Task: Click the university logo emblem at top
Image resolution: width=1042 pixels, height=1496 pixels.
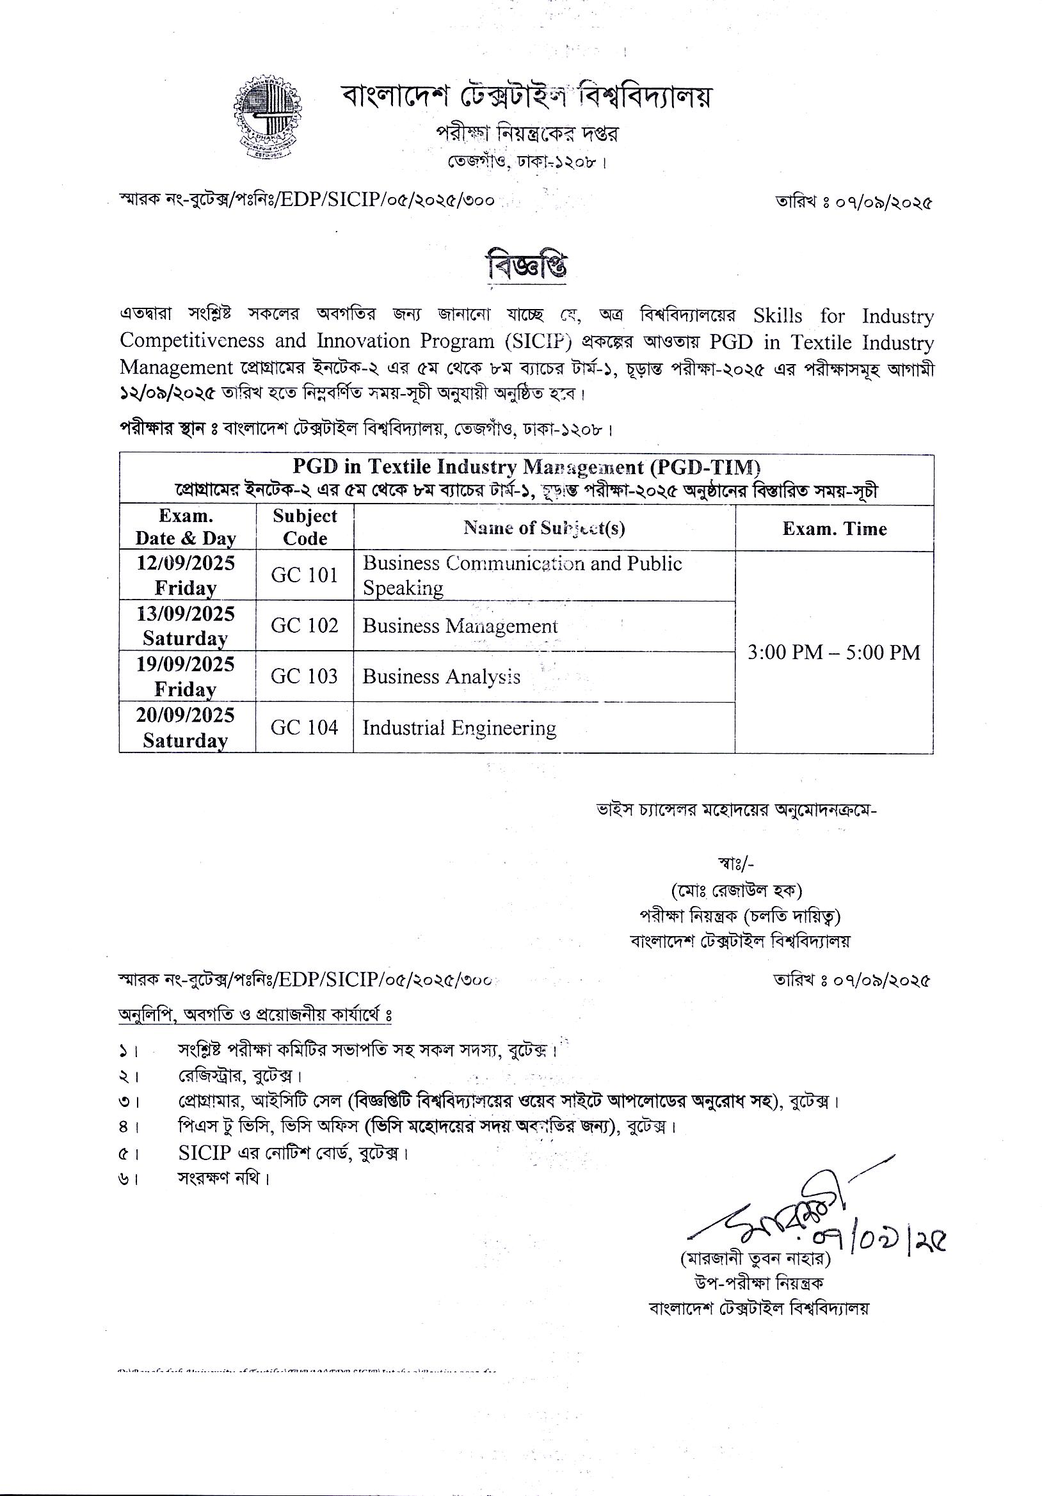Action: click(x=264, y=118)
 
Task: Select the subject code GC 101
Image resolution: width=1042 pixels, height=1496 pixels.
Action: click(x=304, y=575)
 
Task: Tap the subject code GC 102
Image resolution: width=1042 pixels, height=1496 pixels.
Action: click(x=304, y=626)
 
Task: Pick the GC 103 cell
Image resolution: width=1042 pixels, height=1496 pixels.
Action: click(x=304, y=676)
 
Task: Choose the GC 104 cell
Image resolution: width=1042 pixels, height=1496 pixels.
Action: click(x=304, y=727)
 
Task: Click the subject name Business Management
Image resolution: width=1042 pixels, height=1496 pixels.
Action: click(x=460, y=626)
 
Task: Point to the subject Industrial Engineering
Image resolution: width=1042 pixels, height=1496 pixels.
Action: click(x=459, y=728)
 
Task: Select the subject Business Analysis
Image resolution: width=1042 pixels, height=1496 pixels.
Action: click(x=441, y=677)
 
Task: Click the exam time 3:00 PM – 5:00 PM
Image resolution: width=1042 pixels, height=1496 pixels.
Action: click(x=833, y=652)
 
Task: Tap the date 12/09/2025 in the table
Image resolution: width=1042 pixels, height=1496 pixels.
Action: click(x=186, y=563)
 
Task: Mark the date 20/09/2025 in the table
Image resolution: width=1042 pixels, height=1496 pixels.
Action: click(x=186, y=715)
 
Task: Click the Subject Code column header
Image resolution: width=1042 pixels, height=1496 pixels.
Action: click(x=304, y=527)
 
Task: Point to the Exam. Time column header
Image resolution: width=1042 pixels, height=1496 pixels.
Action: click(x=834, y=529)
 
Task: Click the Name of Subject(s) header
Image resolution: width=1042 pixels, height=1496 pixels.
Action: click(x=544, y=528)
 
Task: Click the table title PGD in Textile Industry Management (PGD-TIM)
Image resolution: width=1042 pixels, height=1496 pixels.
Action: click(x=526, y=467)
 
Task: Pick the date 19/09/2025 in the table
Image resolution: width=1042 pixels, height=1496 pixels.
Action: click(x=186, y=665)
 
